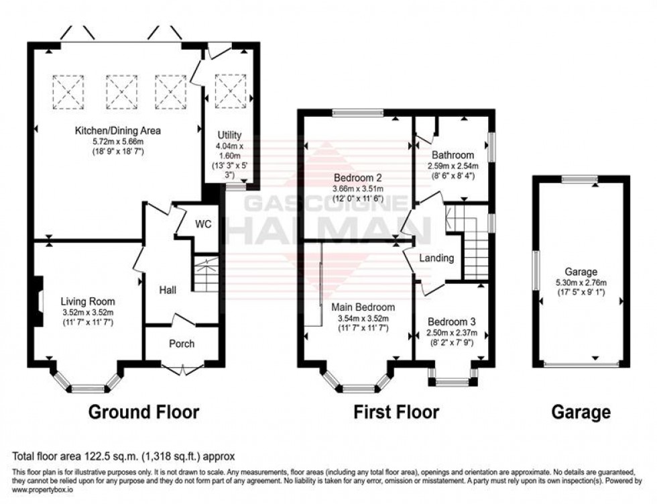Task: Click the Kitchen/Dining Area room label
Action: click(x=117, y=130)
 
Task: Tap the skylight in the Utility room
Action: click(x=231, y=91)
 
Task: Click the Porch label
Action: click(x=182, y=344)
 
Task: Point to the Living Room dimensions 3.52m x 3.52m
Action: click(x=88, y=312)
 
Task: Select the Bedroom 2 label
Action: click(x=359, y=179)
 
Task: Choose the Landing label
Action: click(x=436, y=258)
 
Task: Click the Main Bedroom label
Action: click(x=363, y=307)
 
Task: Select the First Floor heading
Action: click(x=396, y=411)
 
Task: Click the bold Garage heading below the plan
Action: click(x=581, y=411)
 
